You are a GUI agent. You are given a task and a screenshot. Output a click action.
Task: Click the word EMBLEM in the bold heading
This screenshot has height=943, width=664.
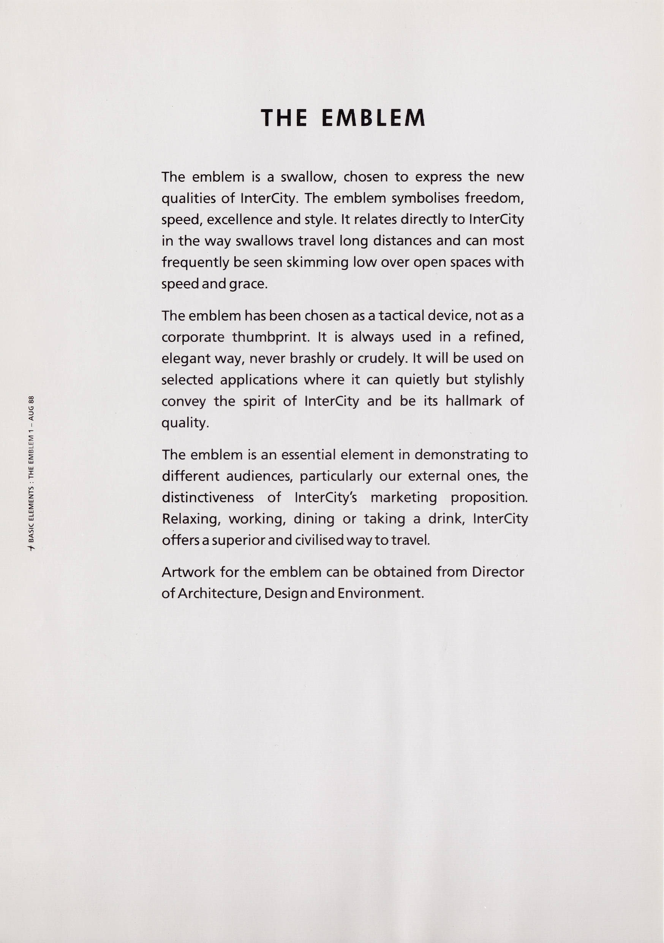[x=373, y=118]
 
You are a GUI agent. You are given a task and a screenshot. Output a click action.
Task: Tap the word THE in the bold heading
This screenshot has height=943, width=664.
[x=284, y=118]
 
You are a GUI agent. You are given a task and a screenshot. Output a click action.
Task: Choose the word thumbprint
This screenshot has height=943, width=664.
[x=270, y=337]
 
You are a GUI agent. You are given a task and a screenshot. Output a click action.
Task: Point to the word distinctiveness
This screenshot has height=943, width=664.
[x=208, y=497]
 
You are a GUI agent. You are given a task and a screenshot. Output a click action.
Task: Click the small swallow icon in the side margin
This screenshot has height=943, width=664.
[x=32, y=548]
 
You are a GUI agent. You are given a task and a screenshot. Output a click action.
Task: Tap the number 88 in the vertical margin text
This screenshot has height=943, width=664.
[x=32, y=400]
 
